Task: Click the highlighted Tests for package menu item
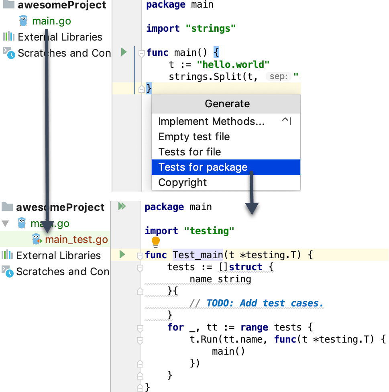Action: coord(203,167)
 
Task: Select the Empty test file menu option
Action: coord(194,137)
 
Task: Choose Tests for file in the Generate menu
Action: coord(189,152)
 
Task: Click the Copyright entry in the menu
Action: coord(182,182)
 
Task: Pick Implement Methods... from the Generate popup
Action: coord(211,121)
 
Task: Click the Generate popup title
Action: coord(227,104)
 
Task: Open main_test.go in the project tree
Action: coord(76,240)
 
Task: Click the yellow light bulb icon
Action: coord(156,242)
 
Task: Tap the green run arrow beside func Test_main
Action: coord(122,254)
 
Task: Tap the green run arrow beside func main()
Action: coord(124,52)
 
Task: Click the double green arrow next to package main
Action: coord(122,206)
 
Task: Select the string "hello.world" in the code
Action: coord(233,65)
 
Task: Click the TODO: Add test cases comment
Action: coord(265,303)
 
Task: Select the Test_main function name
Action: coord(198,255)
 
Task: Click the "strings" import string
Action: coord(210,29)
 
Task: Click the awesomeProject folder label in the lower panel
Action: coord(60,207)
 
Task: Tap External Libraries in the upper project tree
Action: coord(60,37)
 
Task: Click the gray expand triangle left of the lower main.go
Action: coord(5,223)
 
